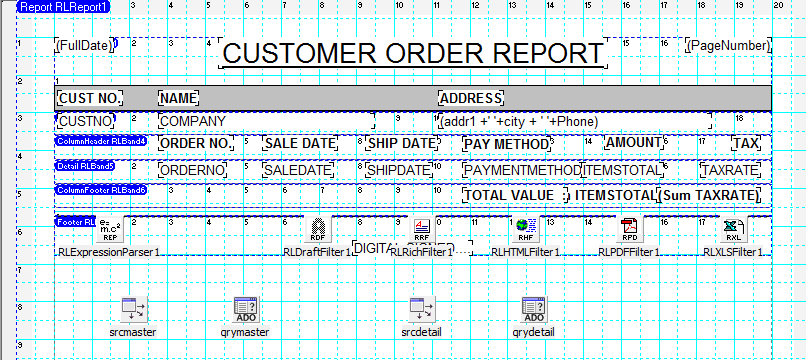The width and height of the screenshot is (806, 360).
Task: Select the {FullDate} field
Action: pyautogui.click(x=84, y=46)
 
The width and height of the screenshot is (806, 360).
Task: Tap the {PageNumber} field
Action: pyautogui.click(x=727, y=46)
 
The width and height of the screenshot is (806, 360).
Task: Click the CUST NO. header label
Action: pyautogui.click(x=90, y=98)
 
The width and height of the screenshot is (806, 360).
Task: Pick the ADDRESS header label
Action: pyautogui.click(x=471, y=98)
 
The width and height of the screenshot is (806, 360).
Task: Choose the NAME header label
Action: pyautogui.click(x=179, y=98)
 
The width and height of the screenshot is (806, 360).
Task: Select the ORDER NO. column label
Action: pyautogui.click(x=196, y=144)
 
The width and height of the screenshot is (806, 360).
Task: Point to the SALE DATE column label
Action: pyautogui.click(x=299, y=144)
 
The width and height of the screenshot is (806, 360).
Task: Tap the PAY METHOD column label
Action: pyautogui.click(x=508, y=144)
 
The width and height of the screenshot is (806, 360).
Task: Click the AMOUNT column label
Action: pyautogui.click(x=634, y=144)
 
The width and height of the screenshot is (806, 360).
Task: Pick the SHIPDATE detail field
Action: pyautogui.click(x=397, y=170)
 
